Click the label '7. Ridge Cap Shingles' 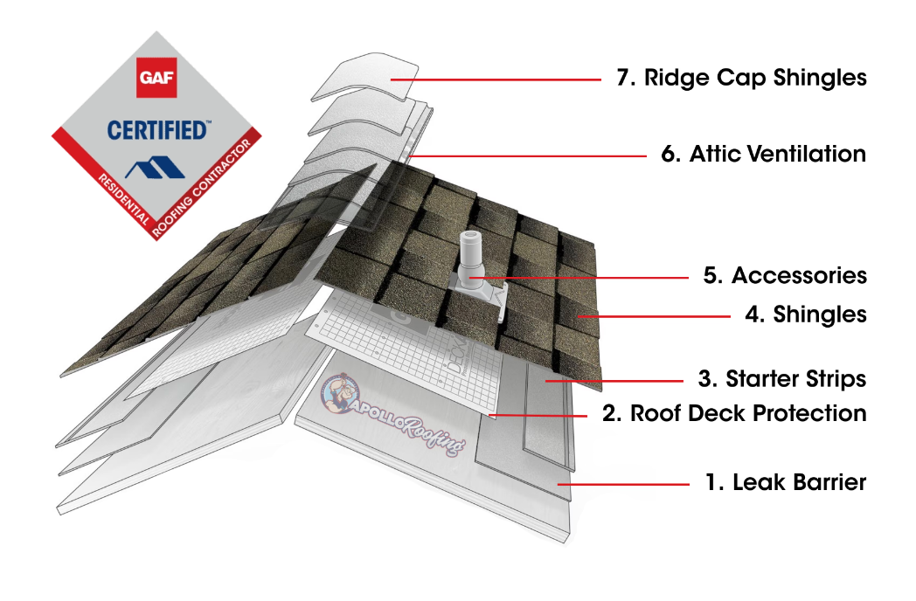(741, 78)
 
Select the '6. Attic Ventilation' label (763, 155)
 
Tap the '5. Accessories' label (785, 276)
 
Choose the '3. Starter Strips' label (783, 379)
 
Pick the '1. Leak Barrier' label (785, 482)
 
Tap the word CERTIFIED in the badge (157, 131)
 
